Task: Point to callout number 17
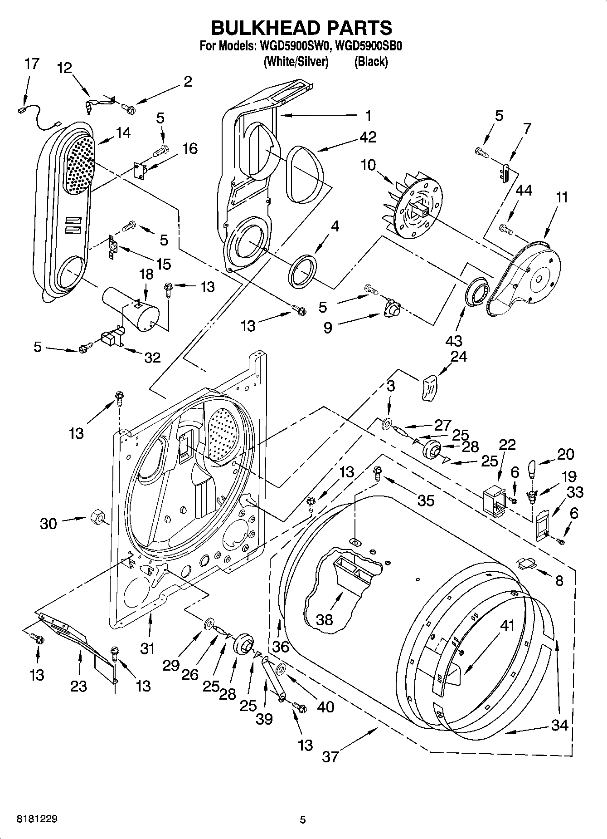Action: [x=32, y=64]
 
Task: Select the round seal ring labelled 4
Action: [x=302, y=271]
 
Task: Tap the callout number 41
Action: [x=507, y=625]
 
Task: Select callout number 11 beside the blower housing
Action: [x=562, y=197]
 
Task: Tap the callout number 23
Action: [x=78, y=686]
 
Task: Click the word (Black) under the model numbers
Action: [x=371, y=62]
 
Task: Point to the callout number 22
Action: [x=507, y=444]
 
